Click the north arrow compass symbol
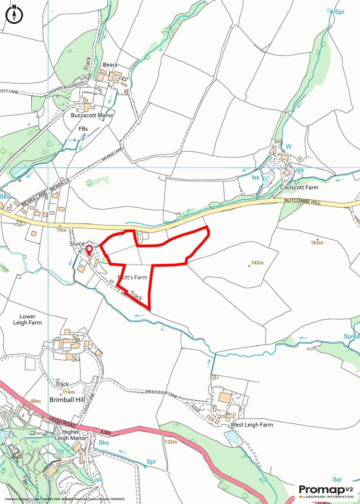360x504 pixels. click(x=14, y=14)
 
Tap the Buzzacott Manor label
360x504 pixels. click(x=92, y=115)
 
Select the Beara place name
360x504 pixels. click(x=110, y=65)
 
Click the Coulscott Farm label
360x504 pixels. click(x=299, y=188)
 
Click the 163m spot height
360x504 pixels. click(x=317, y=243)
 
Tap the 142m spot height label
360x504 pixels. click(x=257, y=263)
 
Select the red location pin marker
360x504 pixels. click(x=89, y=250)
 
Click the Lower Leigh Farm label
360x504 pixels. click(x=28, y=319)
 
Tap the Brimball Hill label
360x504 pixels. click(x=69, y=400)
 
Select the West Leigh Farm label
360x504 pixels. click(x=251, y=425)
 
